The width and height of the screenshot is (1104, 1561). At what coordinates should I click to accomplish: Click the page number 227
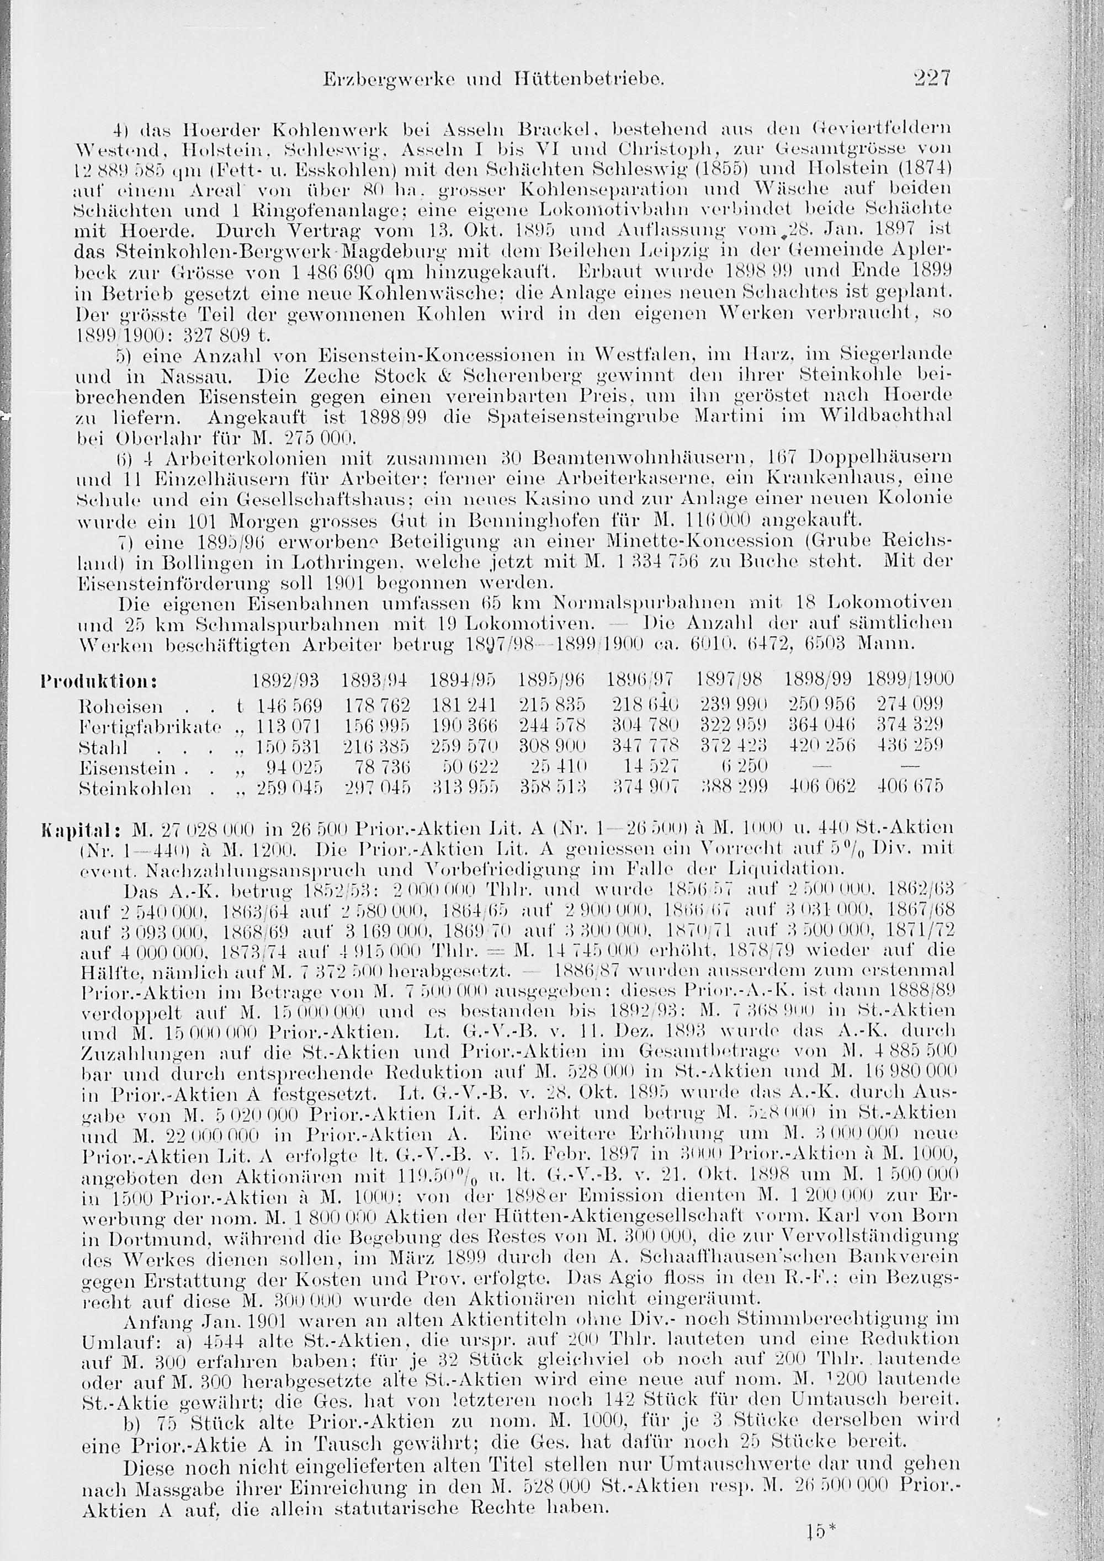tap(931, 78)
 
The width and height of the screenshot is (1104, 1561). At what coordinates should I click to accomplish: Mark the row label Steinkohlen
tap(135, 789)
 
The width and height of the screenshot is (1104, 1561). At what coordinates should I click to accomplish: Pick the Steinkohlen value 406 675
tap(910, 789)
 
